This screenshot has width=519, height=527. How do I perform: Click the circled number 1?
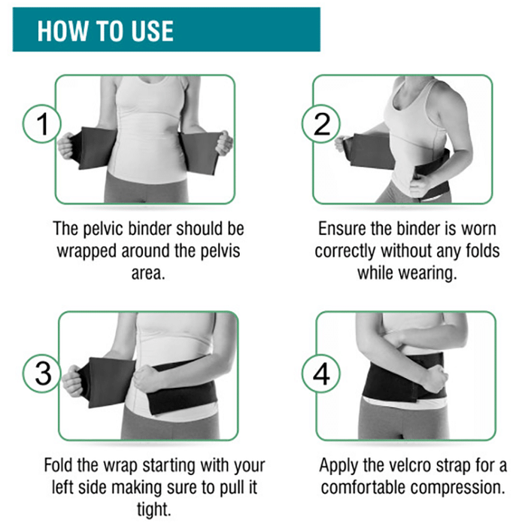42,123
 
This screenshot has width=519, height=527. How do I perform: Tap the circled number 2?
321,123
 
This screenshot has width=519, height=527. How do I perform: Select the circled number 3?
42,373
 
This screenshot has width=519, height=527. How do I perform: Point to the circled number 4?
321,373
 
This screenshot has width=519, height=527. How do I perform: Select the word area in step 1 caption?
148,273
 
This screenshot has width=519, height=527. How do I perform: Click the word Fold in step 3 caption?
59,465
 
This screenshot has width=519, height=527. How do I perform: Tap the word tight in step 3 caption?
153,510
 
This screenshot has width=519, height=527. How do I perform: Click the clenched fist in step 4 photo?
432,379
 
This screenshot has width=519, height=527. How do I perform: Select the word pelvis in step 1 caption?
220,251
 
